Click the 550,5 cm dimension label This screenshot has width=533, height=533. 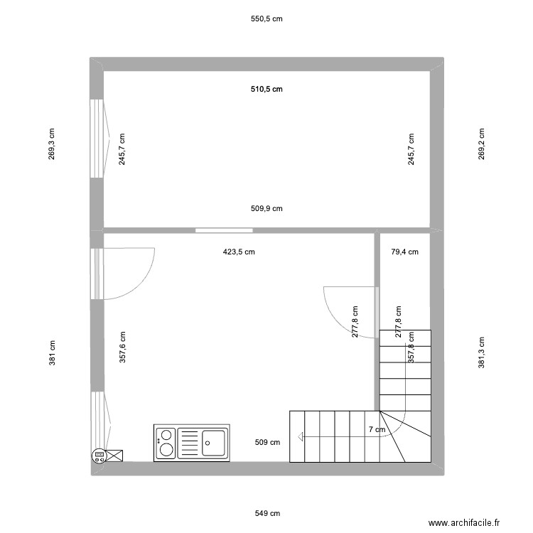(x=267, y=19)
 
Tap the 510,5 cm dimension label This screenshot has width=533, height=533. (x=267, y=90)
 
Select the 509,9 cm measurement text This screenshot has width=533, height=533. (x=267, y=209)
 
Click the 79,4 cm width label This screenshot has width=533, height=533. (x=405, y=252)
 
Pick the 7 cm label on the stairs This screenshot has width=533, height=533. (x=377, y=429)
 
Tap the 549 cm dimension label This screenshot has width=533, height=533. (x=267, y=513)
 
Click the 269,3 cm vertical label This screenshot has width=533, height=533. (x=52, y=144)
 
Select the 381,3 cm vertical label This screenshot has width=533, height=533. (x=482, y=352)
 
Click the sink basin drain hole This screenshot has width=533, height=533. (x=208, y=442)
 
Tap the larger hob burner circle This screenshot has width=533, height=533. (x=166, y=448)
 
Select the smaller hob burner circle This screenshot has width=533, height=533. (x=166, y=434)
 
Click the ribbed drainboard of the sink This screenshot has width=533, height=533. (x=189, y=441)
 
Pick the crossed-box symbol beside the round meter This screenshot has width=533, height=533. (x=114, y=456)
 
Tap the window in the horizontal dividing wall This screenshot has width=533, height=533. (x=225, y=230)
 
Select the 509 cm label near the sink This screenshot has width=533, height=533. (x=267, y=442)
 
